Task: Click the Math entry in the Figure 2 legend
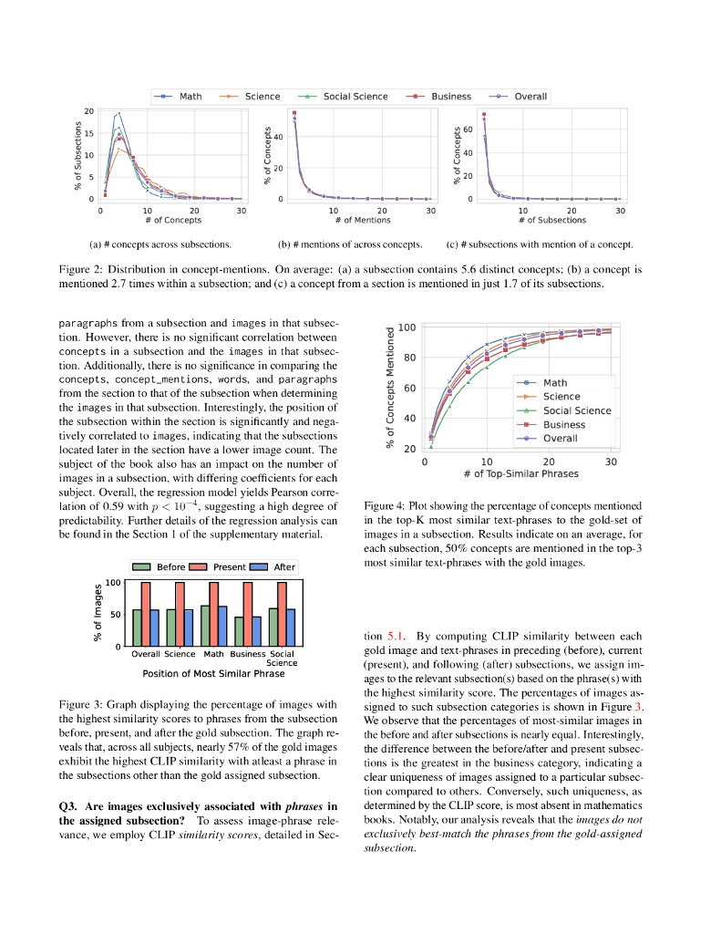click(190, 97)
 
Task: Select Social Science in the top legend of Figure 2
click(355, 97)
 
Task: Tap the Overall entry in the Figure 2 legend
click(530, 97)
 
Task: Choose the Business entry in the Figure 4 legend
click(563, 424)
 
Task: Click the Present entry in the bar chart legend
click(229, 566)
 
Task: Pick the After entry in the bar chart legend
click(284, 566)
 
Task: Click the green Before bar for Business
click(240, 631)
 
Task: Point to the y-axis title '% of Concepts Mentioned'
click(390, 389)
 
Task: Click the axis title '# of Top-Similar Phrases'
click(520, 474)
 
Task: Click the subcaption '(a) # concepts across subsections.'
click(160, 244)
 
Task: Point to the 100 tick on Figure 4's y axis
click(407, 327)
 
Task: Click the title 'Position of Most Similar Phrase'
click(213, 673)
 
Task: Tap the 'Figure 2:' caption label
click(80, 270)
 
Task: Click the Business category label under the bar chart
click(248, 654)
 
